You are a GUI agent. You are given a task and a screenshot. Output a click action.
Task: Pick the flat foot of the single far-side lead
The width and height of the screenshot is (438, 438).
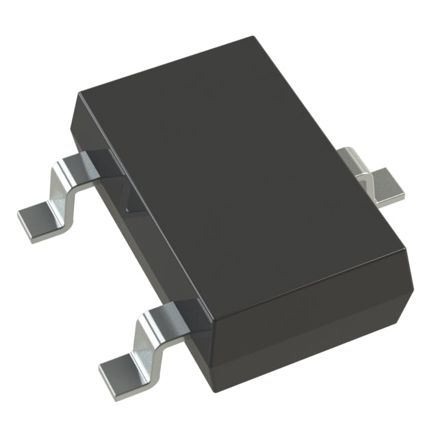[x=390, y=188]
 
